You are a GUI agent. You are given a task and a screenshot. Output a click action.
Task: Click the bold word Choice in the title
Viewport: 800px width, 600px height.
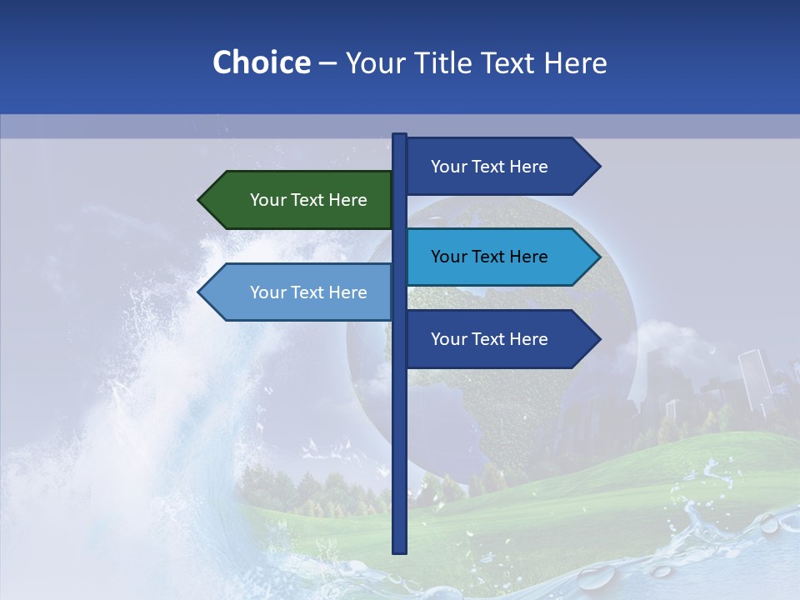click(x=261, y=62)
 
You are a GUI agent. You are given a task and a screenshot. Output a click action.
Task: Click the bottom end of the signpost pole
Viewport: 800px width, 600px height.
click(x=399, y=550)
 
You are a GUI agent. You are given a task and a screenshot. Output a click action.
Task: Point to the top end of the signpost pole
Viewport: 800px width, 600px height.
click(x=399, y=136)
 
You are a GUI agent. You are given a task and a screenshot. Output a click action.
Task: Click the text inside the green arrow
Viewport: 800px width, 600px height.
click(x=308, y=200)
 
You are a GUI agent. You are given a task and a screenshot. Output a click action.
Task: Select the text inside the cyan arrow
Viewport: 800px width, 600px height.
click(x=489, y=257)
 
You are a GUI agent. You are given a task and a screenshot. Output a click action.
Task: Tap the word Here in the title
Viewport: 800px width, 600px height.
click(x=575, y=62)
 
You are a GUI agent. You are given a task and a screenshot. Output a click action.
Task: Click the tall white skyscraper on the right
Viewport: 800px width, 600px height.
click(x=753, y=379)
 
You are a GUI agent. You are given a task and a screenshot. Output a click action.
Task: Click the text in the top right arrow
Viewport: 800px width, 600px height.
click(x=489, y=167)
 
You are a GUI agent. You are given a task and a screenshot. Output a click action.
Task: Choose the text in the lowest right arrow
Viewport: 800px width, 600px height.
click(x=489, y=339)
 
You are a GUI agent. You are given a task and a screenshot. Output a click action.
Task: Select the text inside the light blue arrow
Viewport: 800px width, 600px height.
click(x=308, y=292)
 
